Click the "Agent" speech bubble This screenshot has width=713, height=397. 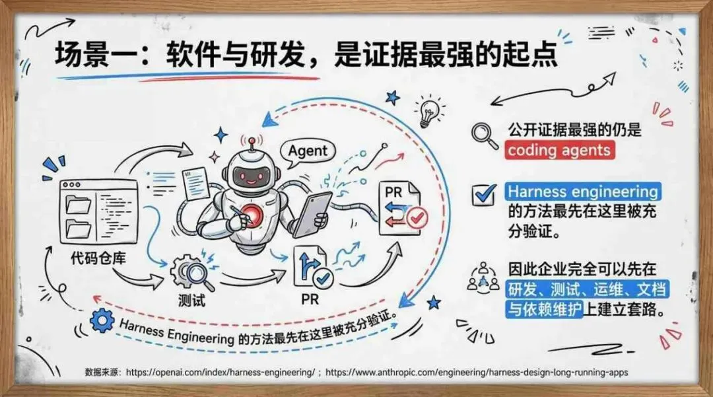(308, 151)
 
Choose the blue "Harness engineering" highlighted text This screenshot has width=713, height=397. (583, 192)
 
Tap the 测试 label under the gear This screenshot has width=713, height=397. (191, 300)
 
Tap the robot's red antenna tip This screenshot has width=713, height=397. (250, 141)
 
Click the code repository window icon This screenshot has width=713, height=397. (98, 209)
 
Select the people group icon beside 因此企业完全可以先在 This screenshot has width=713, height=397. (483, 277)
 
